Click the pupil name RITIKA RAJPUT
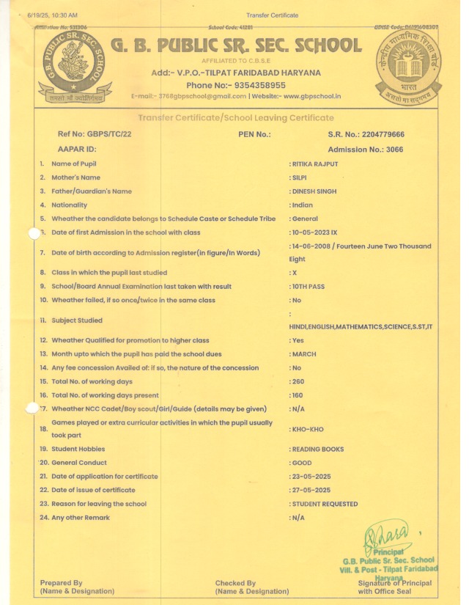click(317, 164)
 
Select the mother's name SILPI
click(300, 177)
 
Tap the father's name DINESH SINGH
click(313, 191)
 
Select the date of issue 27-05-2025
click(311, 490)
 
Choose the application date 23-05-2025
click(311, 477)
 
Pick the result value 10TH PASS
click(309, 286)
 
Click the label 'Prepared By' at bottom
click(62, 583)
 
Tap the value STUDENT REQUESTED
click(325, 504)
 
